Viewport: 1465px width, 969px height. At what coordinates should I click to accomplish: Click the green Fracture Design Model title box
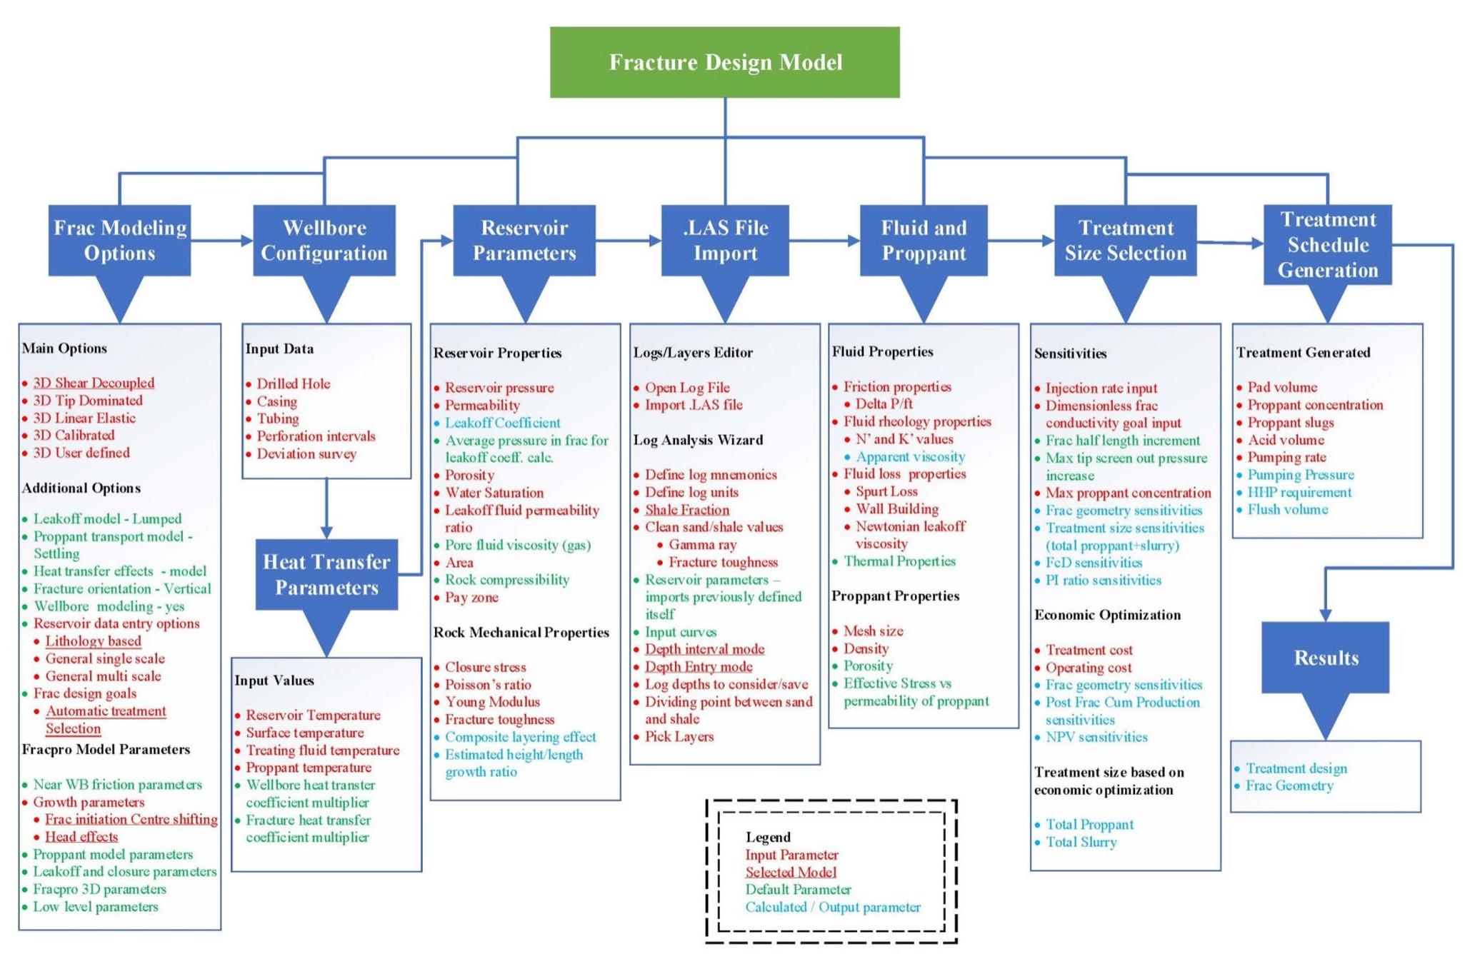click(724, 62)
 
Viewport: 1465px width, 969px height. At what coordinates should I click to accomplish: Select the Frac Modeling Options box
click(119, 240)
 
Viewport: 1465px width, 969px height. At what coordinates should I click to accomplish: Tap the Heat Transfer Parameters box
click(326, 574)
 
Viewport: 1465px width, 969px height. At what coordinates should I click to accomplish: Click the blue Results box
click(1325, 657)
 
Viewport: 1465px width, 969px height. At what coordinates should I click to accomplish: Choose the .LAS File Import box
click(724, 240)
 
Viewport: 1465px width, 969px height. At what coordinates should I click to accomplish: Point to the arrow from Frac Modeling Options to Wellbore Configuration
click(221, 241)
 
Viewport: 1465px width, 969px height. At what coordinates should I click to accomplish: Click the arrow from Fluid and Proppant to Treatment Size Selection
click(1021, 241)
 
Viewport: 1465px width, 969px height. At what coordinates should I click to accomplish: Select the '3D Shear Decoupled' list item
click(94, 383)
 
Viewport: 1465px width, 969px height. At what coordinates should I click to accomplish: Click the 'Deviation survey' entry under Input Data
click(306, 453)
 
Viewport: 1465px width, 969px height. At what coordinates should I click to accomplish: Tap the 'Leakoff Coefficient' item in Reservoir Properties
click(502, 423)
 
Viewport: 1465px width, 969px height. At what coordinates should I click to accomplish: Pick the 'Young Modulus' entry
click(492, 702)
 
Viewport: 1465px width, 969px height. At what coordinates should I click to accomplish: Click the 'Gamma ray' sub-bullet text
click(702, 545)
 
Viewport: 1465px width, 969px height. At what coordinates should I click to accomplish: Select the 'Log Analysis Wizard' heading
click(698, 440)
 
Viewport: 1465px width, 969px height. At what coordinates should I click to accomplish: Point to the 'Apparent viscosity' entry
click(910, 456)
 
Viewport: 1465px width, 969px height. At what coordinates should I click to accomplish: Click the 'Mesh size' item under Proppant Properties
click(873, 631)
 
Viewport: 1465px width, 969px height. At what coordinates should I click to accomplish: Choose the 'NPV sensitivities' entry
click(1096, 737)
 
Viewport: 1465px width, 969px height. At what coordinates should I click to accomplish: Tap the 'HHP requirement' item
click(1299, 492)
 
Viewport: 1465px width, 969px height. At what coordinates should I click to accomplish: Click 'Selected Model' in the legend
click(791, 872)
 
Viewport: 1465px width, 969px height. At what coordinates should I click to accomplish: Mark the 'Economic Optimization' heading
click(1107, 615)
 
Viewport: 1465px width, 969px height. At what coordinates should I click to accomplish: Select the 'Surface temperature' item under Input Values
click(305, 733)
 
